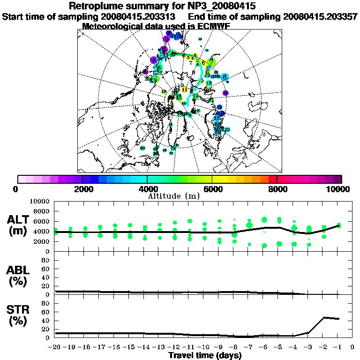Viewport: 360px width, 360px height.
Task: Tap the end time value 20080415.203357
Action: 321,16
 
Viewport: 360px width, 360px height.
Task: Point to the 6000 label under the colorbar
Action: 212,189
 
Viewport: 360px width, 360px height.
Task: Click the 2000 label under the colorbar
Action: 82,189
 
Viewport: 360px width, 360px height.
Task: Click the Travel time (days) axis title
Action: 205,356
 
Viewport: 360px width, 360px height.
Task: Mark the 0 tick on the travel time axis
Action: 352,347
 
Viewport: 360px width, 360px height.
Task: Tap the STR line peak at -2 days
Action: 324,317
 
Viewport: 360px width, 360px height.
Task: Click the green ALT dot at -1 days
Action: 338,225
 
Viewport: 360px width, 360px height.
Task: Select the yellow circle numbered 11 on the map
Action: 185,90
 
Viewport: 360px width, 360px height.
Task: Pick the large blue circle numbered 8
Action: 225,77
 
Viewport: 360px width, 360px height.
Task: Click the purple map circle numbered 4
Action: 153,60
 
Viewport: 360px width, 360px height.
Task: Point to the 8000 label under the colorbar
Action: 277,189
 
